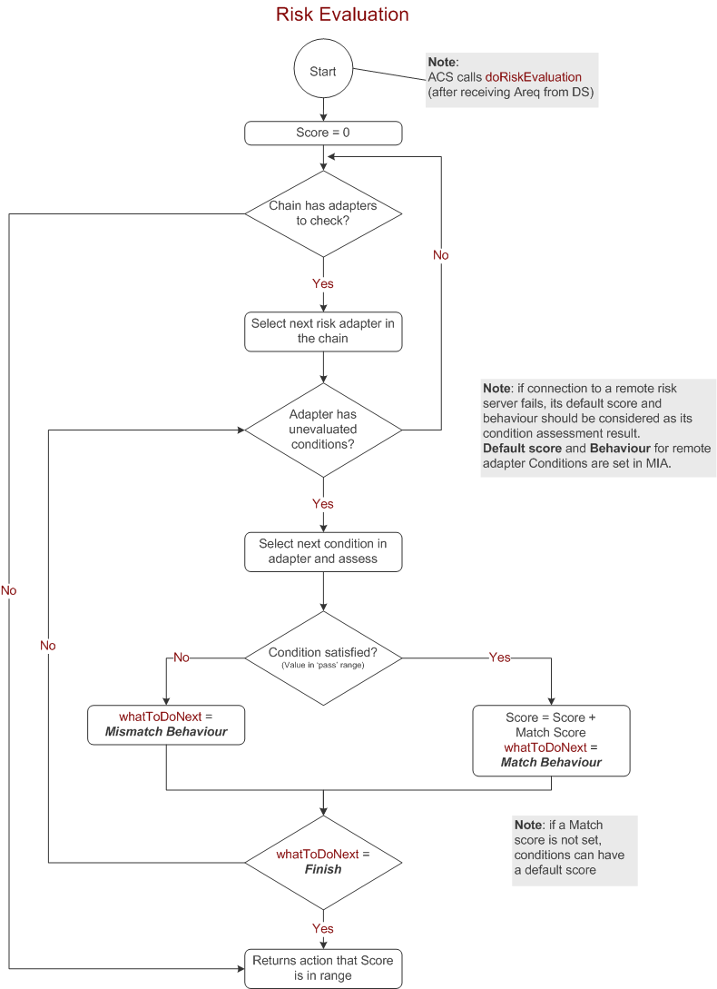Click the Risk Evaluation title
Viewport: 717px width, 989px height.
tap(342, 15)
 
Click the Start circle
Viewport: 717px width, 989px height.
tap(323, 72)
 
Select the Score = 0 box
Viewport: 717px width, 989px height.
tap(323, 133)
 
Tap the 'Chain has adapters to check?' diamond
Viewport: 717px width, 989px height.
tap(323, 213)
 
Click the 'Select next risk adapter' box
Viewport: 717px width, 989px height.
tap(323, 331)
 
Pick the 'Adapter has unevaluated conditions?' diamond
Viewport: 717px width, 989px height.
tap(323, 430)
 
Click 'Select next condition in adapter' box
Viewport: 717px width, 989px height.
tap(323, 551)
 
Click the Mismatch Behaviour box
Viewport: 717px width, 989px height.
tap(166, 725)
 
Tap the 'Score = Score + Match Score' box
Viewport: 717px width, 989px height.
tap(551, 740)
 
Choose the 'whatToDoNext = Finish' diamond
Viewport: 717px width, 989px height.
tap(323, 862)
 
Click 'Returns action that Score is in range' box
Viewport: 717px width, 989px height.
tap(323, 968)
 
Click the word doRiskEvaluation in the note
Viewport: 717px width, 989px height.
tap(533, 77)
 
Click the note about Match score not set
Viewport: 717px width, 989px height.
tap(575, 849)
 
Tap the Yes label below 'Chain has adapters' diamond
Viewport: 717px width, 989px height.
tap(323, 283)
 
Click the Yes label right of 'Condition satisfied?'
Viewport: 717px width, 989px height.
tap(500, 658)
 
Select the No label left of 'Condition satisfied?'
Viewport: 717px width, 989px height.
tap(182, 658)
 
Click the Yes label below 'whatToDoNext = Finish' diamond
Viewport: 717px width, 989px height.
tap(323, 928)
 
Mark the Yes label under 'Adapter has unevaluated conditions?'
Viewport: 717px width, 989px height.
tap(323, 504)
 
